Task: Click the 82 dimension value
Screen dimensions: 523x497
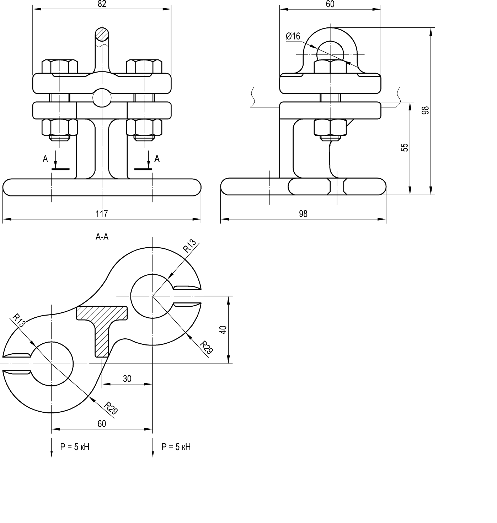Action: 102,4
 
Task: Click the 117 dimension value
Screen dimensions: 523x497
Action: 102,214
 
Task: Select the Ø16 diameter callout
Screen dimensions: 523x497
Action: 293,36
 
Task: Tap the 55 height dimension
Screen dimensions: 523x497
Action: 405,147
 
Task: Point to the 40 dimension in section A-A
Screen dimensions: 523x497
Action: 223,330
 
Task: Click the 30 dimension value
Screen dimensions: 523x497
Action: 127,379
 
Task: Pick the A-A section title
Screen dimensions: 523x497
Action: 102,237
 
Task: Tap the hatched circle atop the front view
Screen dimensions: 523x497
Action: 102,34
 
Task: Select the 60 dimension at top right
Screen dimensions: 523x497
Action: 330,4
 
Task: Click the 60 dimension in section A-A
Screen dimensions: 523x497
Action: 102,424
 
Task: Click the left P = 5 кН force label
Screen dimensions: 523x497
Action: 75,447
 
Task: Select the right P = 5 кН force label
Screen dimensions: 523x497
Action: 176,447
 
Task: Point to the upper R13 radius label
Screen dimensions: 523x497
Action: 189,246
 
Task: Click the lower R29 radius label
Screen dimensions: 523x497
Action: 111,408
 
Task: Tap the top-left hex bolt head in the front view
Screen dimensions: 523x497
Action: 60,67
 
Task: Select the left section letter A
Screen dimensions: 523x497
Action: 45,159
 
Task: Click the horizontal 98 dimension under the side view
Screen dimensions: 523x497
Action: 303,214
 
